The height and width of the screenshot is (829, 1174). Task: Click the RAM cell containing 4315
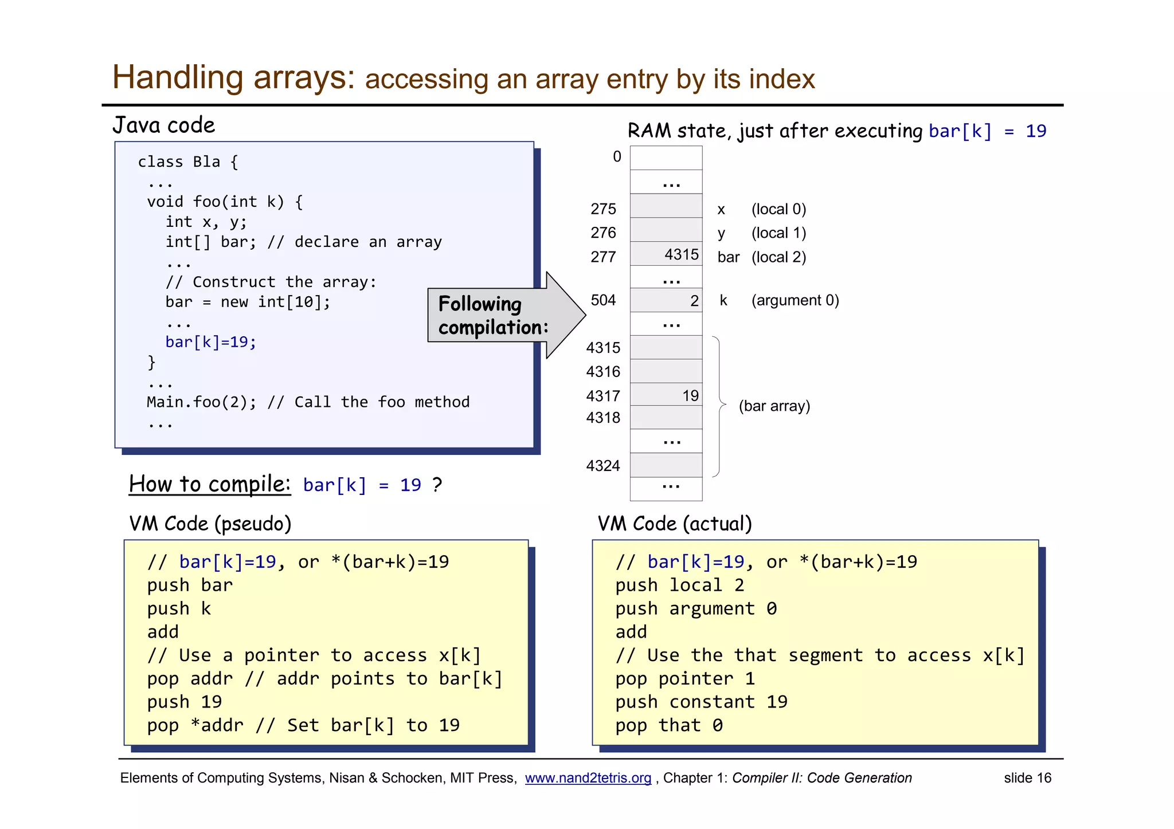click(x=666, y=254)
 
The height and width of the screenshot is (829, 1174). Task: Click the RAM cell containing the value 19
click(x=666, y=395)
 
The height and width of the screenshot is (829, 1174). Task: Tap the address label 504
click(x=603, y=300)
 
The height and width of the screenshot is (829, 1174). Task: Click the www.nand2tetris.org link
click(x=588, y=778)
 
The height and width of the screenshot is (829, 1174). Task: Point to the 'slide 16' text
click(x=1027, y=778)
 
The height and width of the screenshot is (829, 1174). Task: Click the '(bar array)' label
click(x=774, y=406)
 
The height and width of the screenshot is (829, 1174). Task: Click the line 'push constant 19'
click(x=701, y=702)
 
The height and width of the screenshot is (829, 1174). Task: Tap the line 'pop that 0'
click(x=668, y=725)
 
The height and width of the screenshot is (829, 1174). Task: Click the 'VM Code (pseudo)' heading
click(x=210, y=524)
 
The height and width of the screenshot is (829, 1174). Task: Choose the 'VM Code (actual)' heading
click(x=675, y=524)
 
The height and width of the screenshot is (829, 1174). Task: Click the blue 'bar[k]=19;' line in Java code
click(x=210, y=342)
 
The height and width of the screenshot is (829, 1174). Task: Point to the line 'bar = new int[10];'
click(x=248, y=302)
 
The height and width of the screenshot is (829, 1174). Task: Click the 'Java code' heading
click(x=164, y=125)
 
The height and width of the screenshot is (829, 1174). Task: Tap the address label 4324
click(x=603, y=466)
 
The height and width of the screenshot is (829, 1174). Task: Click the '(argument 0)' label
click(x=795, y=300)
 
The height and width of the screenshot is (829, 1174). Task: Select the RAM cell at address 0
click(x=666, y=158)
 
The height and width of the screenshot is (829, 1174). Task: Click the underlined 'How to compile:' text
click(x=210, y=484)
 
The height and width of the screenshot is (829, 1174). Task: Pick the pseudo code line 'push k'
click(x=179, y=608)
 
